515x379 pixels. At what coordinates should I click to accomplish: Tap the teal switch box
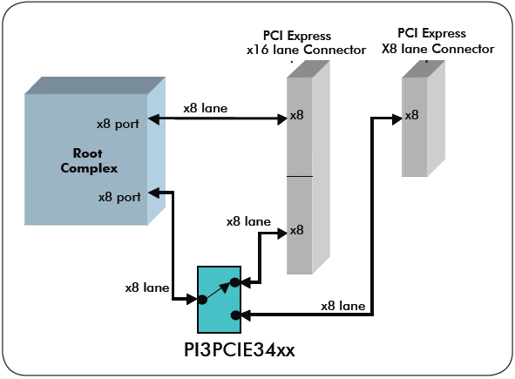click(x=218, y=299)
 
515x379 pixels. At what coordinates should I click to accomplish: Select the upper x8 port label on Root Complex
click(x=119, y=123)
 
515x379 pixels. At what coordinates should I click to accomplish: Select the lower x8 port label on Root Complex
click(x=119, y=197)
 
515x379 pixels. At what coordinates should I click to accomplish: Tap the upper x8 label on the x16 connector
click(x=297, y=115)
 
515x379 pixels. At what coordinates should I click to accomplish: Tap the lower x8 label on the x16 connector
click(x=297, y=230)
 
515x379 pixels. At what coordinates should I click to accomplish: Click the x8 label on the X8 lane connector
click(x=412, y=114)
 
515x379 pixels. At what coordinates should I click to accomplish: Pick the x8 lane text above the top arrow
click(x=206, y=109)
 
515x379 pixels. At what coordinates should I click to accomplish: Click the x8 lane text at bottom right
click(x=343, y=306)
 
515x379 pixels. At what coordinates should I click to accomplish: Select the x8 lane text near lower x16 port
click(x=248, y=221)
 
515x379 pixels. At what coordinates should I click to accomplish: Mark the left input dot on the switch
click(x=202, y=299)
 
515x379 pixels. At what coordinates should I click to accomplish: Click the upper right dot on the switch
click(x=234, y=282)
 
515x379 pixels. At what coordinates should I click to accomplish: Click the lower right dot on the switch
click(x=234, y=314)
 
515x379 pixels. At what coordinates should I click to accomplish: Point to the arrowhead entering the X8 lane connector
click(x=396, y=116)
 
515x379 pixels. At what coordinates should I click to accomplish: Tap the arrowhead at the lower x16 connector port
click(x=282, y=233)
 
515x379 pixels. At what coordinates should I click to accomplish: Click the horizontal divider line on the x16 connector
click(x=300, y=177)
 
